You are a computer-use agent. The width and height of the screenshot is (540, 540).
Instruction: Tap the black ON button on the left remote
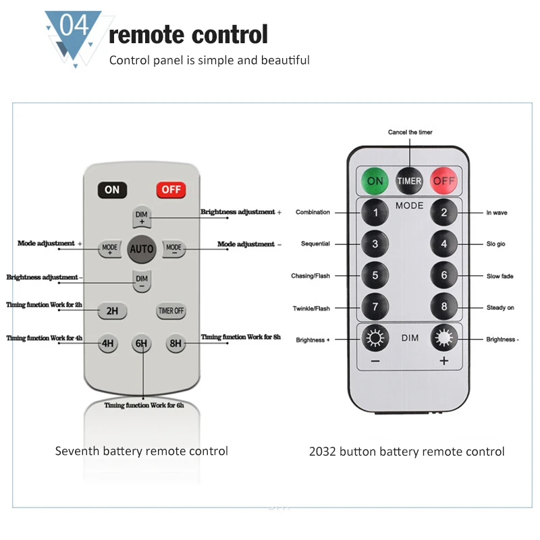(112, 190)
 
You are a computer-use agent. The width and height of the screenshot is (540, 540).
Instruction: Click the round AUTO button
(142, 249)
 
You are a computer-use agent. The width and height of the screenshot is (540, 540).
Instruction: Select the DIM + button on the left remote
(142, 217)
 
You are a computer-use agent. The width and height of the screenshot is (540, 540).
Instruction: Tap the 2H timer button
(112, 310)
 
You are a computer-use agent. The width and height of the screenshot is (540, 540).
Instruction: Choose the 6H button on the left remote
(141, 343)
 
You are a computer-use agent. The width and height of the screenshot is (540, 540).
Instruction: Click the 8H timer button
(175, 343)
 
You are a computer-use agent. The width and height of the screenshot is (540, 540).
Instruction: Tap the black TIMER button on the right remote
(409, 181)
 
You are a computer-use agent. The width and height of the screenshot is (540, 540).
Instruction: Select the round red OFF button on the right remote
(443, 181)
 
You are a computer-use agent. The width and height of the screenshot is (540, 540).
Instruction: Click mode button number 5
(375, 275)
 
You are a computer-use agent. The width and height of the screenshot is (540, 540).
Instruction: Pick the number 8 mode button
(444, 306)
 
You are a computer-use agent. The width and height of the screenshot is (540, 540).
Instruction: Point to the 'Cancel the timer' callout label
(410, 132)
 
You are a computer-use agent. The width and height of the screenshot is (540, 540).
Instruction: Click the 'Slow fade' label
(500, 276)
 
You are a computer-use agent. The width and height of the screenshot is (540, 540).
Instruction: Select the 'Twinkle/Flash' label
(311, 308)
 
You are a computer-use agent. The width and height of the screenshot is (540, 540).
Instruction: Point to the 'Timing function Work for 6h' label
(144, 406)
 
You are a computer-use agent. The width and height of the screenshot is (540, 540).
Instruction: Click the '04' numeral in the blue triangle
(74, 25)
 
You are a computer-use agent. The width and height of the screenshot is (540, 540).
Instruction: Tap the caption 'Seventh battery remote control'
(142, 451)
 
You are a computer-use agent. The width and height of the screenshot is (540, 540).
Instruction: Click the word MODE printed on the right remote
(409, 206)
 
